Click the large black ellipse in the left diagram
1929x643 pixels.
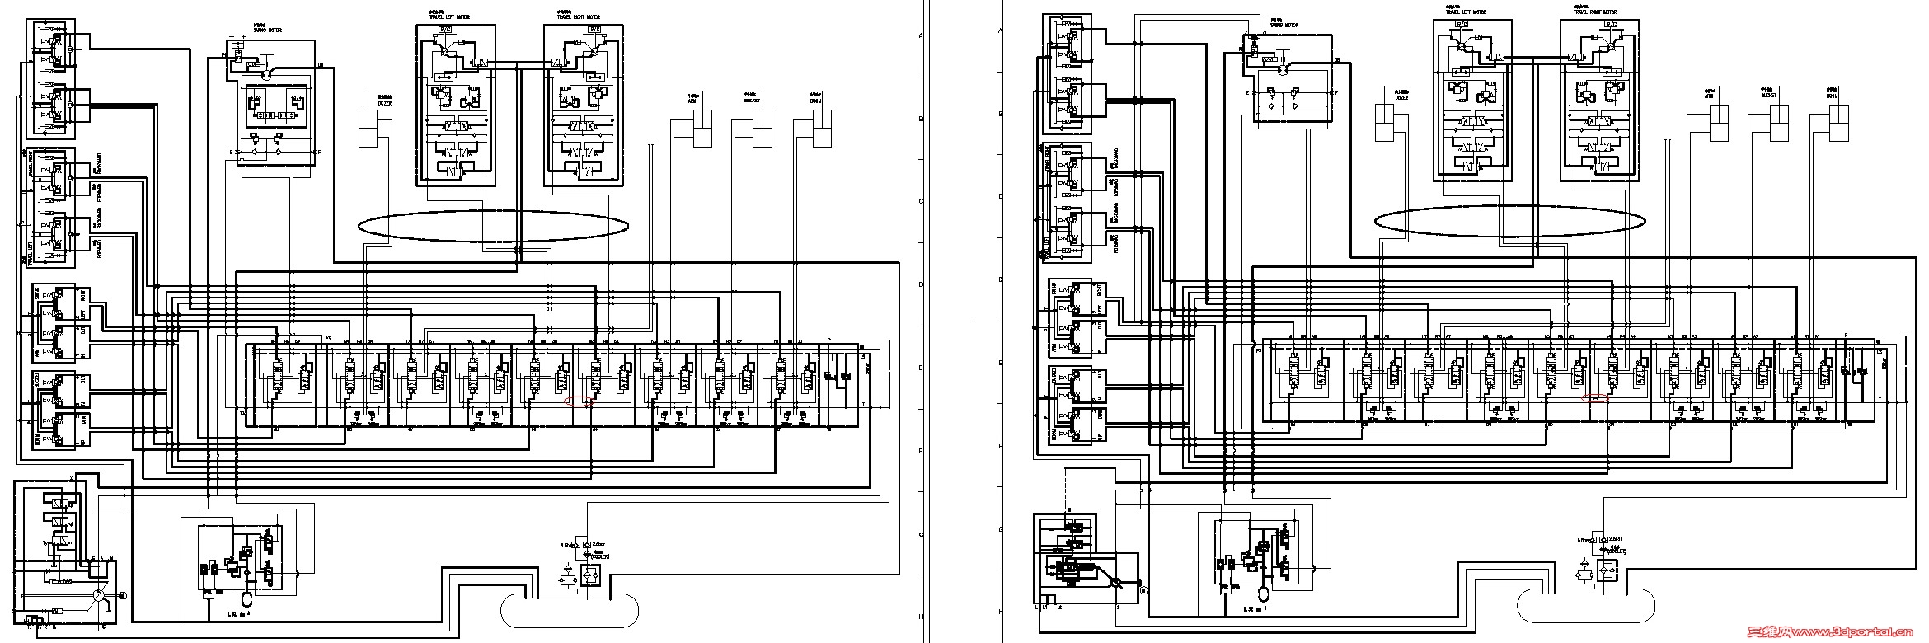pyautogui.click(x=493, y=225)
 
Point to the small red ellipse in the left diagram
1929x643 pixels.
pyautogui.click(x=580, y=403)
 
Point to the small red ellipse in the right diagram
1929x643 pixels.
pyautogui.click(x=1596, y=397)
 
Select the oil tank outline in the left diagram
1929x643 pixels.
pyautogui.click(x=570, y=609)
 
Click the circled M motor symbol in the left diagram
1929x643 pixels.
pyautogui.click(x=122, y=594)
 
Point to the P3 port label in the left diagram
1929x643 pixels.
pyautogui.click(x=327, y=339)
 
